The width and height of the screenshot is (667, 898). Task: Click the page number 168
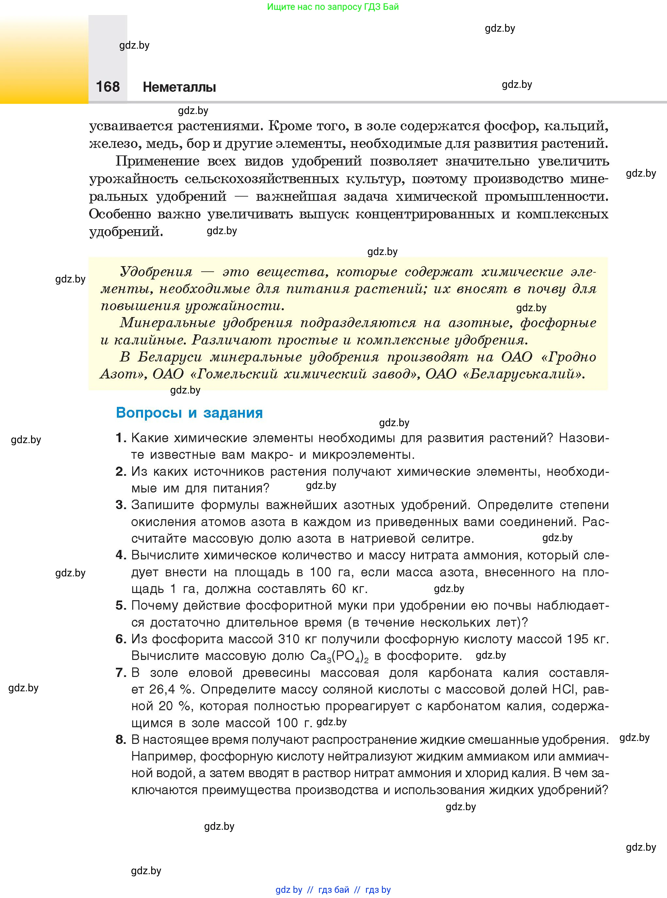(x=108, y=87)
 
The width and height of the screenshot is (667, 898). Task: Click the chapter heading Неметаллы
(x=179, y=87)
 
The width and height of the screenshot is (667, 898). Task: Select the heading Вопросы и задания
(x=189, y=413)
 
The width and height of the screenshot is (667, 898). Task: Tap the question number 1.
(x=120, y=438)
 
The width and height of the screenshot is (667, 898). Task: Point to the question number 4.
(x=121, y=555)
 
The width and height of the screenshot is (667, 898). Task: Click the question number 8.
(x=121, y=739)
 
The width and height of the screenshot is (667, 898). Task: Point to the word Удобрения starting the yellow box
(x=156, y=272)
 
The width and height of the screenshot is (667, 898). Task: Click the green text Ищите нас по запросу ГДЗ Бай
(x=333, y=7)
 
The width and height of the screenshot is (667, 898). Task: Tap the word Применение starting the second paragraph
(x=157, y=161)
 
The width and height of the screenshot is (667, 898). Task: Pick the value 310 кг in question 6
(x=298, y=639)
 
